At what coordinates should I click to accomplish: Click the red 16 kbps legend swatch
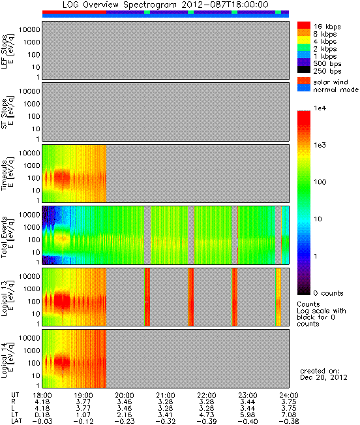point(304,25)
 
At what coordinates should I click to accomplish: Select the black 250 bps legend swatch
point(304,70)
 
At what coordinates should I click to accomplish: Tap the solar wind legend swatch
point(304,81)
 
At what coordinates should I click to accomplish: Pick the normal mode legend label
point(336,89)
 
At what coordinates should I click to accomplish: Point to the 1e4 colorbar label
point(320,108)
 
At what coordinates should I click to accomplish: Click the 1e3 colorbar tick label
point(320,145)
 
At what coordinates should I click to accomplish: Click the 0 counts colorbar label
point(328,293)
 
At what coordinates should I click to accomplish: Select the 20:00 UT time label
point(125,395)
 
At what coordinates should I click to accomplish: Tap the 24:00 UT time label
point(289,395)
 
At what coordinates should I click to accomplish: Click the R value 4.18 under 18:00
point(42,401)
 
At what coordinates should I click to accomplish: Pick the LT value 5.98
point(248,415)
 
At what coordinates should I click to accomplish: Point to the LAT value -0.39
point(207,421)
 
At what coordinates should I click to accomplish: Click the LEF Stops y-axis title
point(7,52)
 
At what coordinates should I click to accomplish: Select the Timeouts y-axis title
point(7,174)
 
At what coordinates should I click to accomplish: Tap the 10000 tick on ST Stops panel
point(29,91)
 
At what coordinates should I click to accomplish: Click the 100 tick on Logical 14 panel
point(33,363)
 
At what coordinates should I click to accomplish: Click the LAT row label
point(16,421)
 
